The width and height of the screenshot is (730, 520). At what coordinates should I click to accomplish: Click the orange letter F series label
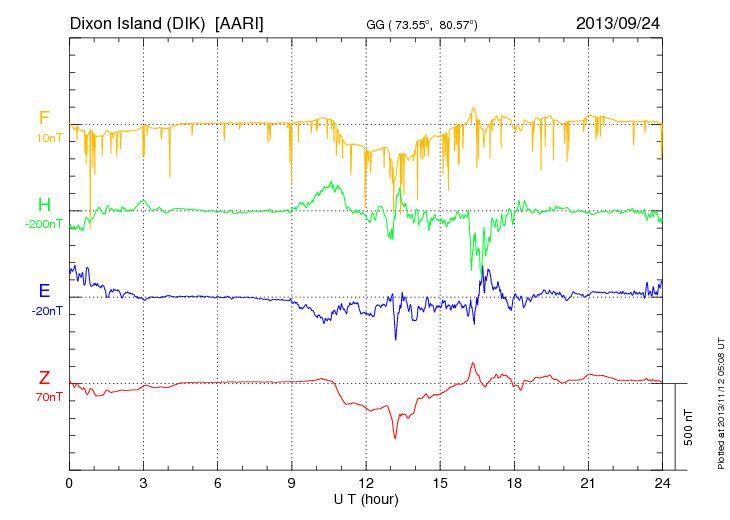click(44, 119)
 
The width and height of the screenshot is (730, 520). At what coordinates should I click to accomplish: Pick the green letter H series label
click(44, 204)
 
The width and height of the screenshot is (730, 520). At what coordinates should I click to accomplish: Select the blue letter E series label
click(44, 291)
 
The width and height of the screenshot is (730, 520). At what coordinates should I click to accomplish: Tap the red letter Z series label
click(44, 377)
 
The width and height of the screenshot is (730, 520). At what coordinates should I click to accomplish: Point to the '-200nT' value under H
click(44, 223)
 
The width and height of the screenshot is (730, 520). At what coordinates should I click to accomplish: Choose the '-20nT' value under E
click(46, 310)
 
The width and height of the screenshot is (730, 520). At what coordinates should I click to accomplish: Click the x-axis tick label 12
click(365, 483)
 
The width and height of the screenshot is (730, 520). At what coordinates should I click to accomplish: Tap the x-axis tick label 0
click(69, 483)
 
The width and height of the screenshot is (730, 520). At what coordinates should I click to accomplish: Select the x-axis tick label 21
click(588, 483)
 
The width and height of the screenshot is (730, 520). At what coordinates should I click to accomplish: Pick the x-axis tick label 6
click(217, 483)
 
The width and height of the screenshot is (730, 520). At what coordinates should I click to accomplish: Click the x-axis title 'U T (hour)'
click(366, 498)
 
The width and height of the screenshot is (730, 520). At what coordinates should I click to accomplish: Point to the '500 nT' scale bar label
click(689, 427)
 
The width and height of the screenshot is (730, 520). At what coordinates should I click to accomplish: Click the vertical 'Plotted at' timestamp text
click(720, 400)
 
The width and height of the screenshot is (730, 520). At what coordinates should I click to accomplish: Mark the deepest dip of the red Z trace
click(395, 438)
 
